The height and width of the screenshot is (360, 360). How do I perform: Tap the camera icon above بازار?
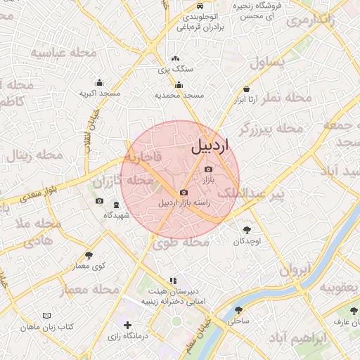click(207, 169)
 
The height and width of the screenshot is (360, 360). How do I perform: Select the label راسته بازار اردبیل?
click(184, 204)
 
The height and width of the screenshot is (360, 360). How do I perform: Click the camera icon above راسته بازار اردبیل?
click(184, 193)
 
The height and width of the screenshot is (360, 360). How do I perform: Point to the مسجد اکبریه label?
click(99, 93)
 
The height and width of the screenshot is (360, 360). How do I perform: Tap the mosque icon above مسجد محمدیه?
click(179, 84)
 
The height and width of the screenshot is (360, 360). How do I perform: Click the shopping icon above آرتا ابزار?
click(246, 89)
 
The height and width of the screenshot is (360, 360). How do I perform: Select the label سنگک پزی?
click(175, 69)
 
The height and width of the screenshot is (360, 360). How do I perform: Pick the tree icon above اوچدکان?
click(247, 229)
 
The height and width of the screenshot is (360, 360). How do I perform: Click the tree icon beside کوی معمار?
click(88, 255)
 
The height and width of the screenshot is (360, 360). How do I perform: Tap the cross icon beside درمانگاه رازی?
click(127, 325)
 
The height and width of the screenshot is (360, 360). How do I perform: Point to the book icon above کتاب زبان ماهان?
click(46, 316)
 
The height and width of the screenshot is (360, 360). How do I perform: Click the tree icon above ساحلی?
click(238, 309)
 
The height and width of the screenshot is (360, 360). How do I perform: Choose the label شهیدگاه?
click(116, 214)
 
